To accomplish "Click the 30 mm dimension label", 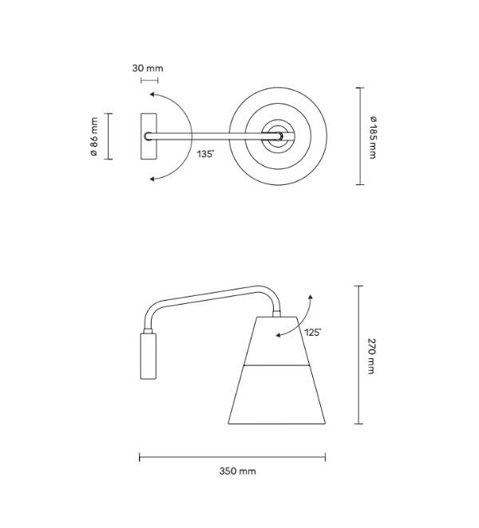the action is (x=148, y=69).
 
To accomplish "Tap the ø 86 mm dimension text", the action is (x=94, y=136).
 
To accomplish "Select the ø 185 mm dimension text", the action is (x=373, y=137).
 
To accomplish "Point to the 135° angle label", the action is (x=205, y=154).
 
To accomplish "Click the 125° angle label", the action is (x=313, y=333).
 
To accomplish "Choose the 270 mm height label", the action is (x=370, y=356).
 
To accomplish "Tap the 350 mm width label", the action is (x=237, y=471).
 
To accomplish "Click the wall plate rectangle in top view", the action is (x=148, y=136).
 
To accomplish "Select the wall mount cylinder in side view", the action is (x=148, y=356).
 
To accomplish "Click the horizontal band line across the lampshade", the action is (x=276, y=365).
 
